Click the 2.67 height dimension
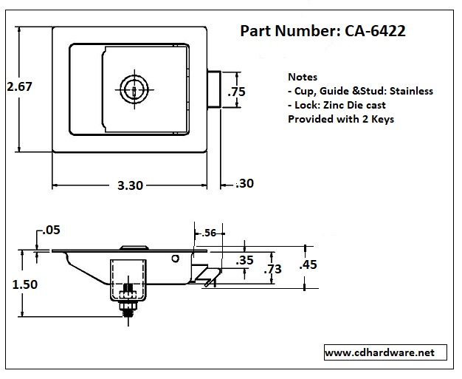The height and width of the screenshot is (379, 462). pos(19,86)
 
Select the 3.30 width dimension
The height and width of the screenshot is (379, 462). pos(130,185)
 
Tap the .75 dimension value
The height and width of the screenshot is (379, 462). pos(236,92)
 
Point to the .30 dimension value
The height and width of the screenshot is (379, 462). pos(244,183)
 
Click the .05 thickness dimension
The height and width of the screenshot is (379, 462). pos(51,230)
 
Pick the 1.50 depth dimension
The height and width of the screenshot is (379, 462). pos(25,284)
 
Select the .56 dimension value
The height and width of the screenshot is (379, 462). pos(209,233)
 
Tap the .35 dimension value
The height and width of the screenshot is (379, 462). pos(244,261)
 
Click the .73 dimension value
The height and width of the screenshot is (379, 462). pos(273,269)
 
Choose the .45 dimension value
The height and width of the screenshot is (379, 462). pos(308,264)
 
